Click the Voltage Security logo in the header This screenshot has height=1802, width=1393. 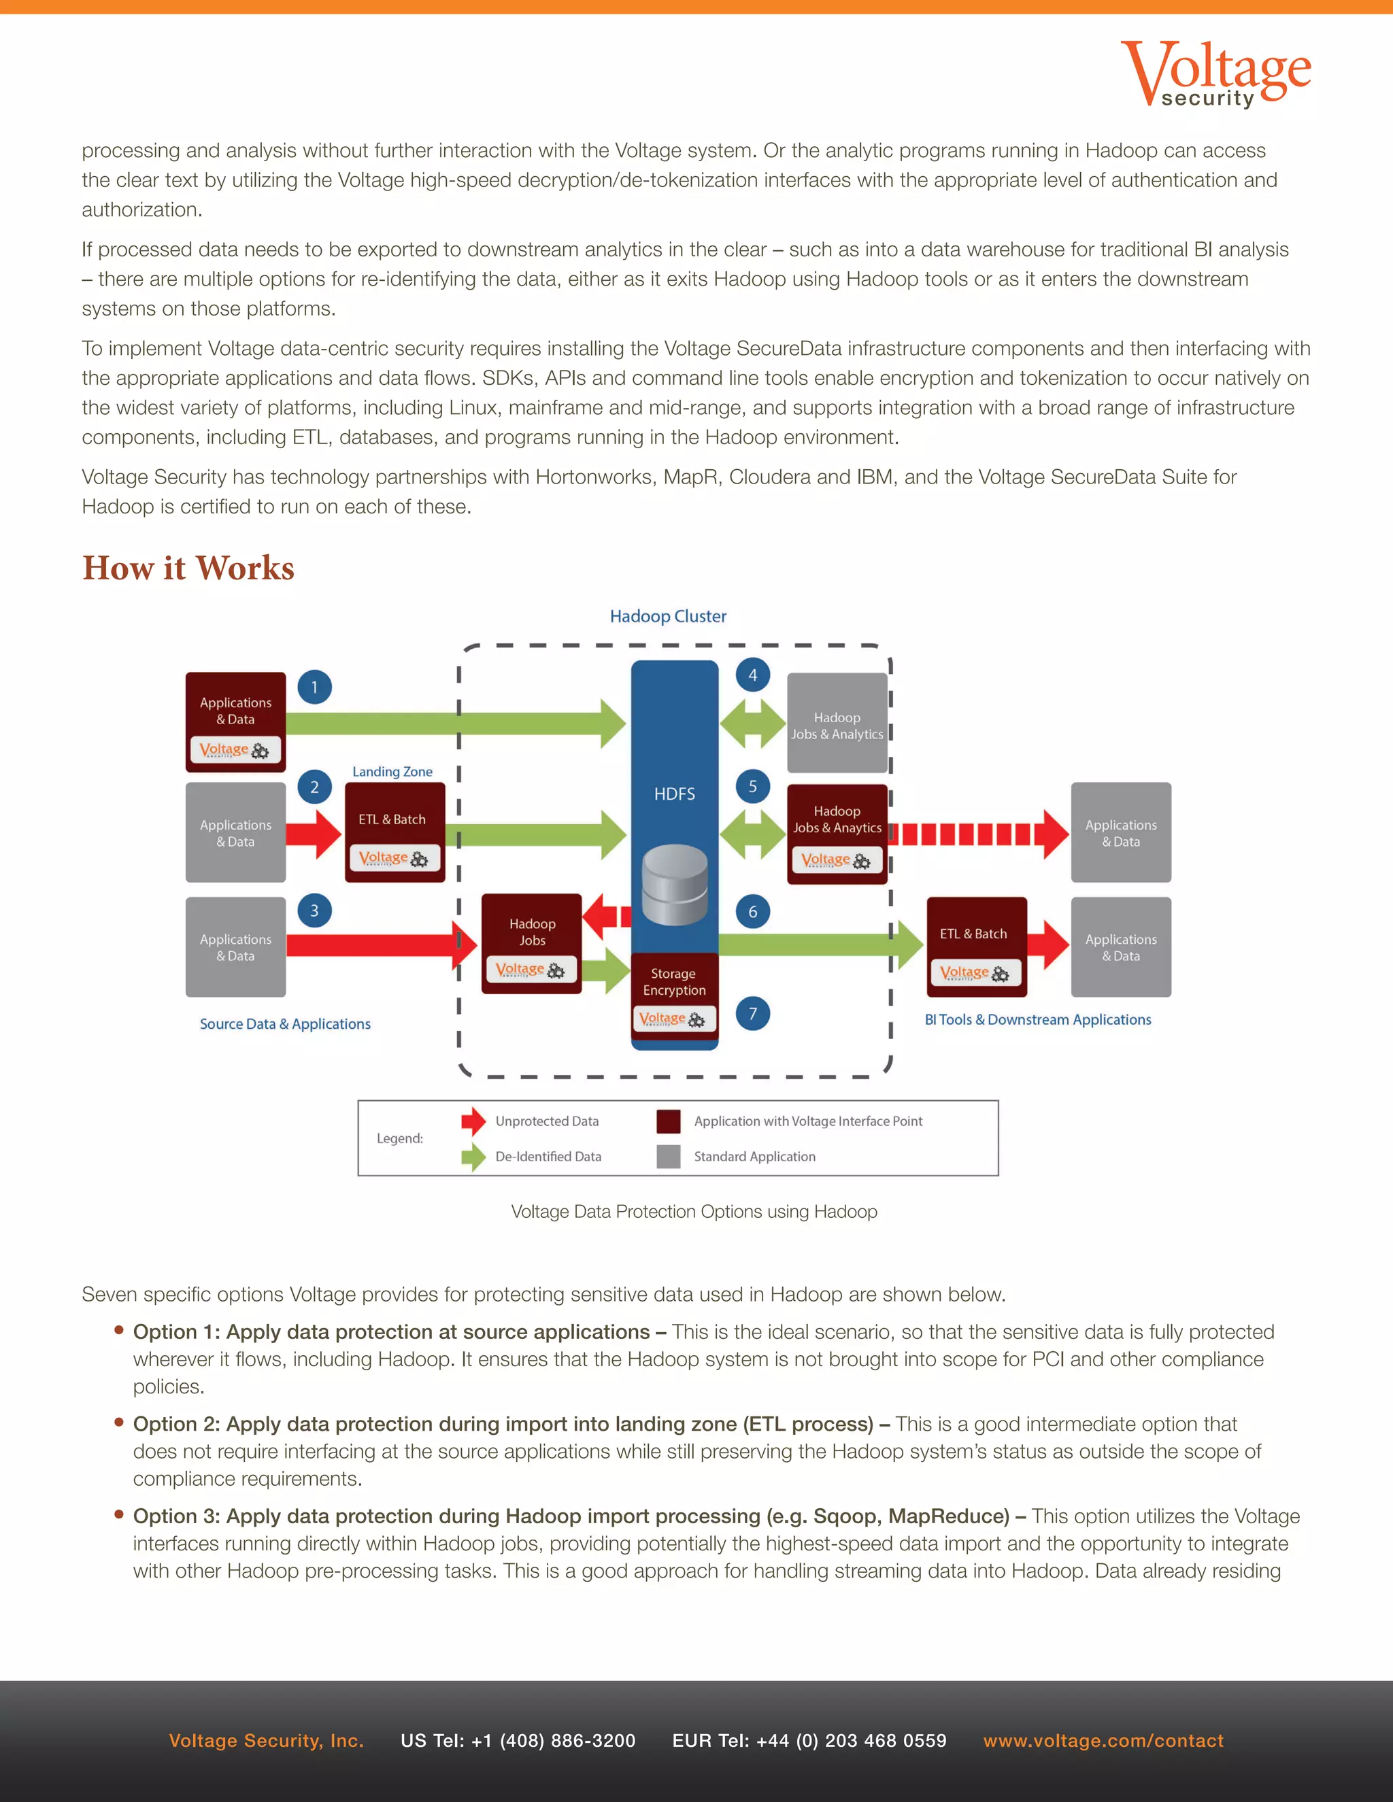pyautogui.click(x=1215, y=74)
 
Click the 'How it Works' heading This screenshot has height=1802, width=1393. pyautogui.click(x=188, y=568)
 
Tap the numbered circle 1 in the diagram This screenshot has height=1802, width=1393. pyautogui.click(x=314, y=687)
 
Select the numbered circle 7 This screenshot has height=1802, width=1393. pyautogui.click(x=753, y=1013)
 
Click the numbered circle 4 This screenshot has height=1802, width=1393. pyautogui.click(x=753, y=675)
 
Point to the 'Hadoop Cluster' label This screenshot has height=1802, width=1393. pyautogui.click(x=668, y=616)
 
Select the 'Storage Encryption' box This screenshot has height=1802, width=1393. pyautogui.click(x=674, y=990)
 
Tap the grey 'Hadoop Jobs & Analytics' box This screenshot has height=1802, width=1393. pyautogui.click(x=837, y=723)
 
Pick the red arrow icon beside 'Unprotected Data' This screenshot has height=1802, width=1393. pyautogui.click(x=473, y=1121)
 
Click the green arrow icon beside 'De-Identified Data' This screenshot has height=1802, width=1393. pyautogui.click(x=473, y=1156)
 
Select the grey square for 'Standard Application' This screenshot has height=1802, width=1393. pyautogui.click(x=669, y=1156)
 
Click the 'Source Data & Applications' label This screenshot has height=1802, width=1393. pyautogui.click(x=285, y=1024)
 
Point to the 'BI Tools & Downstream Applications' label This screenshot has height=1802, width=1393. pyautogui.click(x=1037, y=1020)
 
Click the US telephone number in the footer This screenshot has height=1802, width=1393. pyautogui.click(x=518, y=1740)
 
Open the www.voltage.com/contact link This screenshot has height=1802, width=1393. pyautogui.click(x=1103, y=1740)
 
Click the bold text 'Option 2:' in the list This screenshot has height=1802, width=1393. pyautogui.click(x=177, y=1423)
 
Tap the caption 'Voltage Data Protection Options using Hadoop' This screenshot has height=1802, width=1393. pyautogui.click(x=694, y=1211)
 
